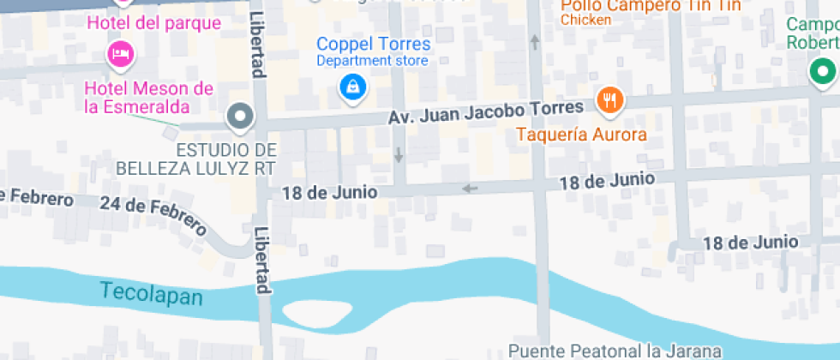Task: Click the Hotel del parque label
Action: tap(154, 23)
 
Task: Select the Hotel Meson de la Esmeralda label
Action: tap(148, 97)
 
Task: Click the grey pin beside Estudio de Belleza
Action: tap(240, 116)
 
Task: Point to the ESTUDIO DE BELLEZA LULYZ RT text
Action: tap(225, 159)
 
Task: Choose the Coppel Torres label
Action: tap(373, 44)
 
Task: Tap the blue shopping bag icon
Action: tap(351, 86)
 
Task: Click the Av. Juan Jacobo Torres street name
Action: tap(487, 112)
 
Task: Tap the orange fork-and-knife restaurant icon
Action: tap(610, 101)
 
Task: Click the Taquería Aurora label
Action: tap(581, 135)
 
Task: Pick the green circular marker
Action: tap(824, 72)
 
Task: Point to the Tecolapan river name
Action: tap(151, 293)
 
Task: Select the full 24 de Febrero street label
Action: tap(153, 215)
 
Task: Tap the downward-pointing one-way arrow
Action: tap(399, 155)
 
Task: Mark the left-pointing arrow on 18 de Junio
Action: tap(469, 189)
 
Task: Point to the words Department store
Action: tap(373, 61)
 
